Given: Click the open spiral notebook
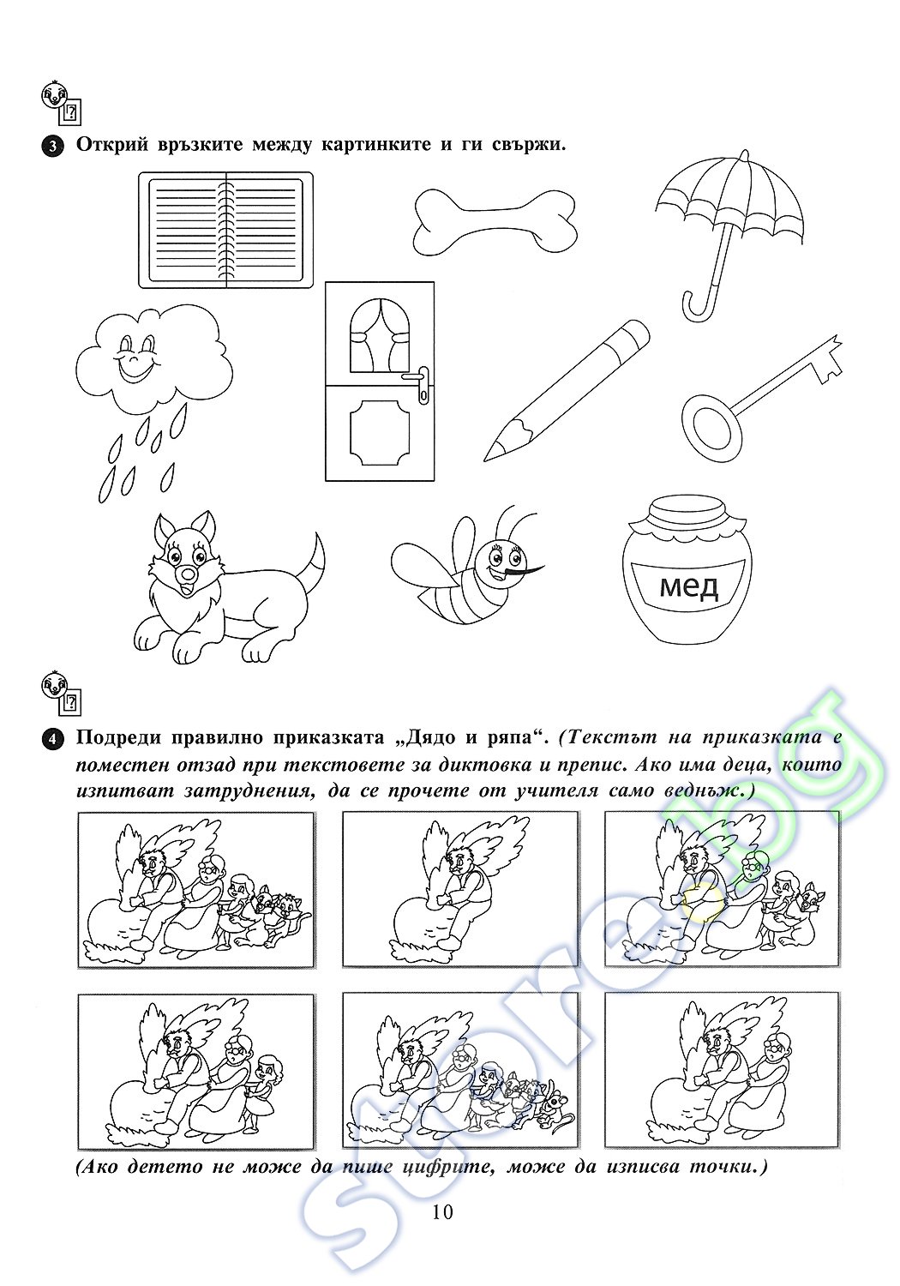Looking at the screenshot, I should [x=225, y=230].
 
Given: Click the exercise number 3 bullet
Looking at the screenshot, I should [x=52, y=146].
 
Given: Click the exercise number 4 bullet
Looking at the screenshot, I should [x=52, y=738].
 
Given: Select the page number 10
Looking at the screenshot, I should [x=443, y=1211].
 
